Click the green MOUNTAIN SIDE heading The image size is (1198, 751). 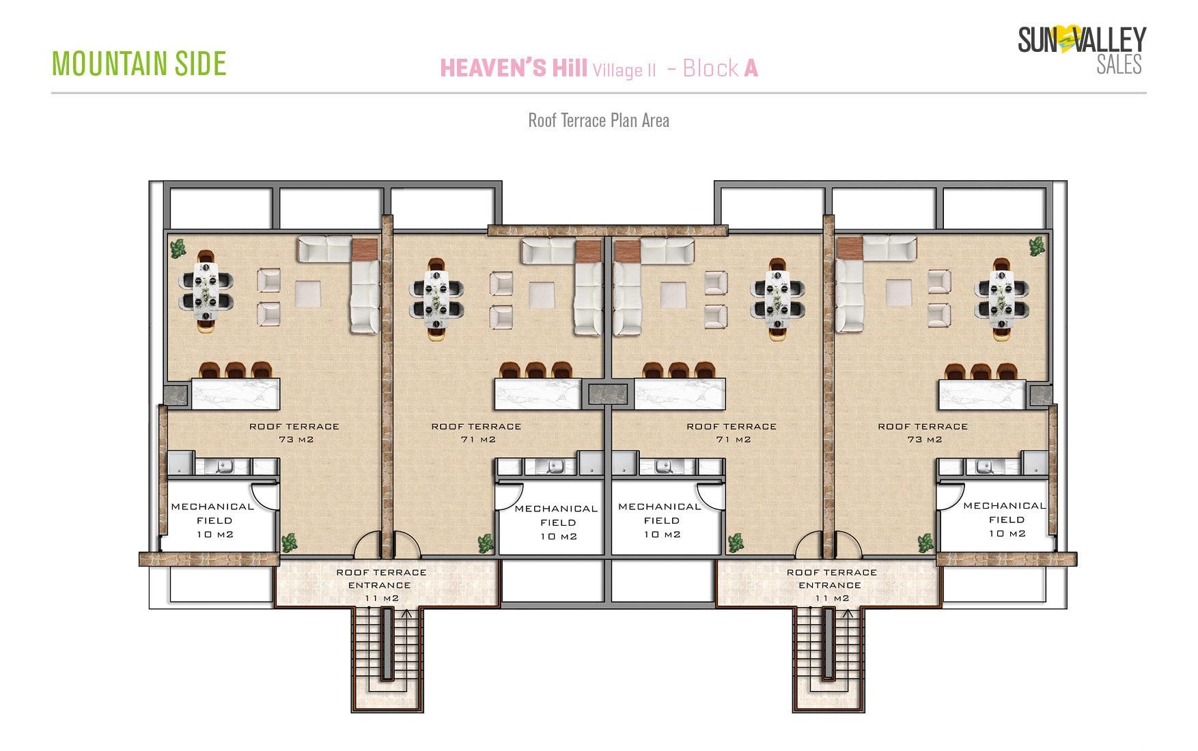coord(139,63)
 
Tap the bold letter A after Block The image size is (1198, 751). coord(751,68)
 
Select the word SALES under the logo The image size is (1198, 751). coord(1119,64)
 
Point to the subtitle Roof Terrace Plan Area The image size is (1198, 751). coord(598,121)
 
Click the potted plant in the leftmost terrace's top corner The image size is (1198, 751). coord(178,248)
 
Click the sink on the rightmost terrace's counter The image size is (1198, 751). coord(984,467)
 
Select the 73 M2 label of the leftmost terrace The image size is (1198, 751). coord(296,440)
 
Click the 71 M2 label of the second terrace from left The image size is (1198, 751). coord(477,440)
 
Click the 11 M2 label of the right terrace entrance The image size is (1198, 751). coord(832,599)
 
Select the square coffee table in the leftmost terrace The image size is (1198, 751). coord(307,294)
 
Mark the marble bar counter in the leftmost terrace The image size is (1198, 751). coord(236,394)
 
